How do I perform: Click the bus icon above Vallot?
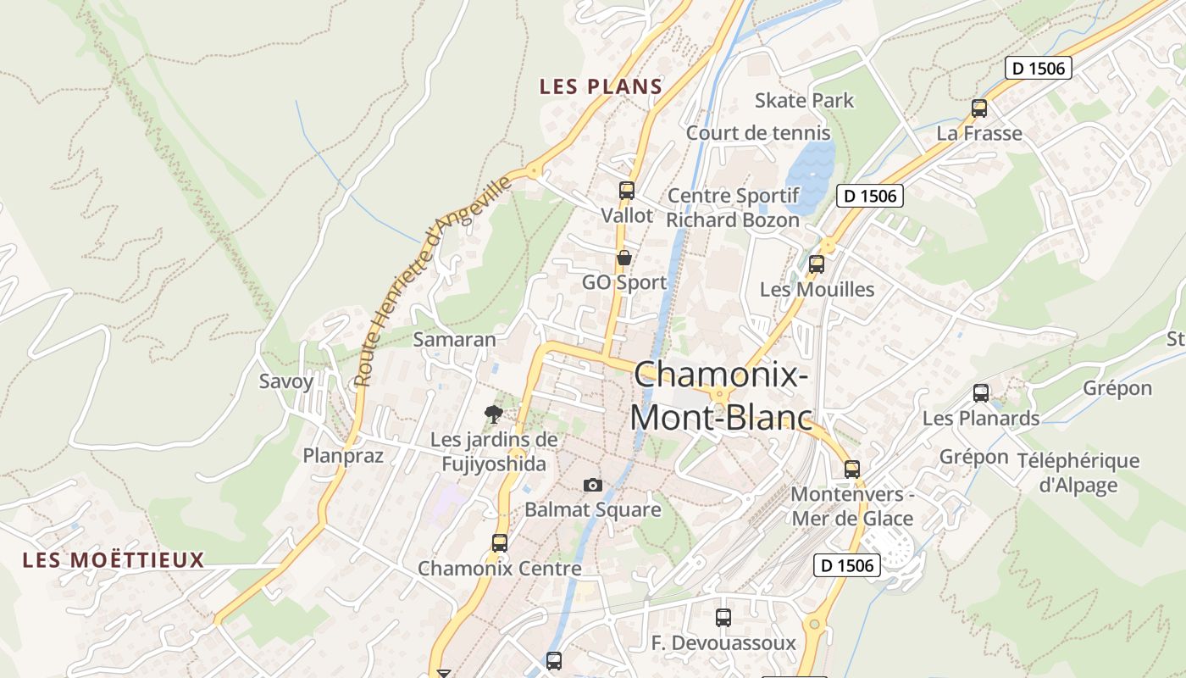627,191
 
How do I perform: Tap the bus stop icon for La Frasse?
979,108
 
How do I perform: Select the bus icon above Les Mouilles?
817,264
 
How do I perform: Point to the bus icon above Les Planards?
981,393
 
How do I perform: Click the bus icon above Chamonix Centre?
500,543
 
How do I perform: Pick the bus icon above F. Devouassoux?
723,618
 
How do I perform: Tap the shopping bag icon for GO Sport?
624,258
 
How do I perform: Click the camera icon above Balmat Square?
593,485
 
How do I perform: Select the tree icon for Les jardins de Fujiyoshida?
493,414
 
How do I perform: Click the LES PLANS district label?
601,86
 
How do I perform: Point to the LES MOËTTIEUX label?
114,560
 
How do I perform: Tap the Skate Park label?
804,101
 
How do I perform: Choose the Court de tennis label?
758,133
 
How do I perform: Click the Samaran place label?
454,340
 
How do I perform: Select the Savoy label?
286,381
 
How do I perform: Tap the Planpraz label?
343,456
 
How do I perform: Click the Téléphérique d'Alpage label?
1078,473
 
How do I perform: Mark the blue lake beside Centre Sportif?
811,175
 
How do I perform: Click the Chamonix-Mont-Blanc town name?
721,396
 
